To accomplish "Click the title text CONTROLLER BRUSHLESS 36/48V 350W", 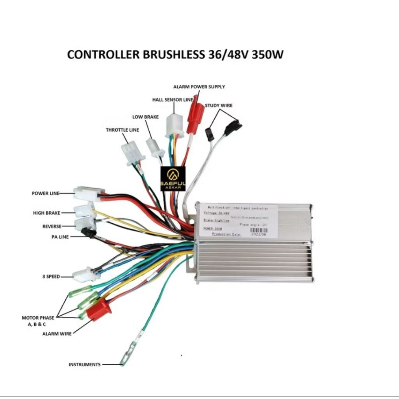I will click(175, 55).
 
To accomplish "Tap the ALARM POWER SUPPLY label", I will click(199, 87).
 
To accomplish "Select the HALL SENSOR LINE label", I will click(173, 100).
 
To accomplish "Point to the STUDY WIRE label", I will click(219, 105).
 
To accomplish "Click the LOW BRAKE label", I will click(145, 117).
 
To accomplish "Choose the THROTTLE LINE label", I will click(122, 130).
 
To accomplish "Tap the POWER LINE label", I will click(46, 193).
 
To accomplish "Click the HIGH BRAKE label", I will click(46, 213).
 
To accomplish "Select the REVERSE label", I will click(52, 226).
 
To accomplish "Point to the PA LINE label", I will click(60, 237).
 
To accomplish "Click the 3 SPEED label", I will click(51, 277).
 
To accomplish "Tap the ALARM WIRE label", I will click(56, 334).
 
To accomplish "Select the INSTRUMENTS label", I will click(85, 365).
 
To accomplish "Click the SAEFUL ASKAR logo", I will click(173, 179).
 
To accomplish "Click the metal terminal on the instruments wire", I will click(127, 355).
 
